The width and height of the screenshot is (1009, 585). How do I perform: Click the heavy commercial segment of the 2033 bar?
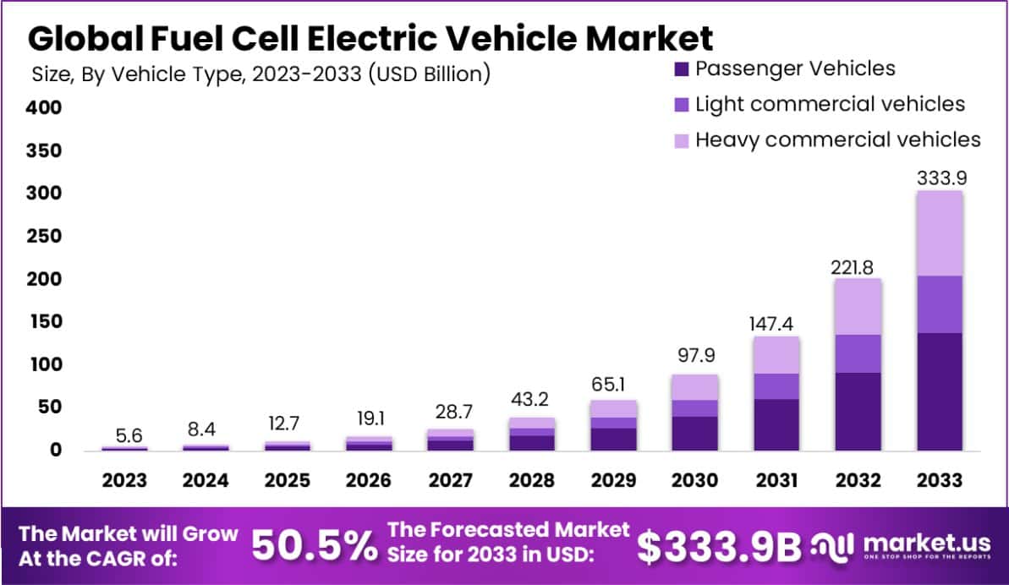[940, 232]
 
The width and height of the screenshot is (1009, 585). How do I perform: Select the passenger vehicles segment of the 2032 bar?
[858, 411]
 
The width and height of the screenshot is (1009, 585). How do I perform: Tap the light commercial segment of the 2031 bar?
[776, 386]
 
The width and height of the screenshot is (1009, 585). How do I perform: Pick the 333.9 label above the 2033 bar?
[940, 178]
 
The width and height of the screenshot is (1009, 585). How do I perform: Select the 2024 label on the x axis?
[206, 480]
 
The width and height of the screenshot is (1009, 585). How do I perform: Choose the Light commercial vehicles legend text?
[830, 104]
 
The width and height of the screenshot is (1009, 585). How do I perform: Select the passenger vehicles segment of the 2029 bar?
[613, 439]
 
